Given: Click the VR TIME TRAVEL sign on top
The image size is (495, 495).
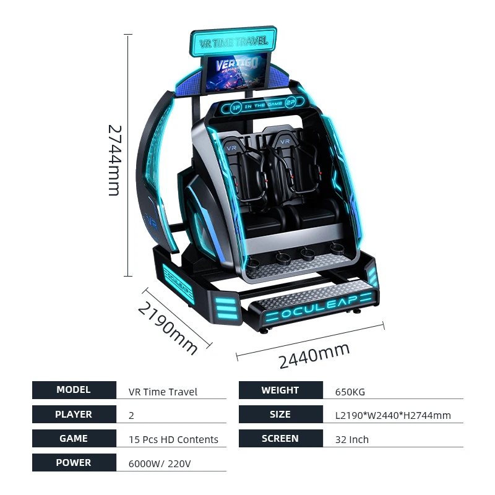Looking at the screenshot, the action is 233,41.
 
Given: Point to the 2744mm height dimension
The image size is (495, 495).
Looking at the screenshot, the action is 114,160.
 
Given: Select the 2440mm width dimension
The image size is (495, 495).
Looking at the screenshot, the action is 314,355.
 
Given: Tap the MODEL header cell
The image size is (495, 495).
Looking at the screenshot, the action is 74,390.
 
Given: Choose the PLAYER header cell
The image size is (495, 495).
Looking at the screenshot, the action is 74,415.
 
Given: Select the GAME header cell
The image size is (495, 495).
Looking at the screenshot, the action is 74,439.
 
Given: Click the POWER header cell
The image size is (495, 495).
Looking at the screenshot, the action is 74,463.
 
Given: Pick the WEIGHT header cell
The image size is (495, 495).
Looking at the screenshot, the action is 280,390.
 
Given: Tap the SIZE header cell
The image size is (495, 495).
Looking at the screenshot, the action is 280,415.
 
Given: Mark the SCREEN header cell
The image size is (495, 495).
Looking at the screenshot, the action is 280,439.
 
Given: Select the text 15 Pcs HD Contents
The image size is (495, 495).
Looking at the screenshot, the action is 173,440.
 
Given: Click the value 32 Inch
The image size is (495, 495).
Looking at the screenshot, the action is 351,440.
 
